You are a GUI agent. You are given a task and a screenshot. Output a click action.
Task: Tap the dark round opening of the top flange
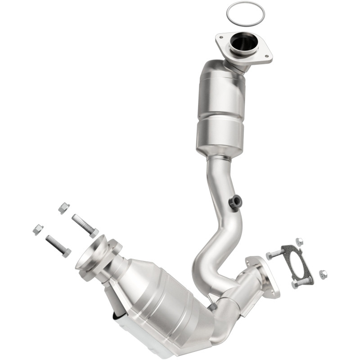point(243,44)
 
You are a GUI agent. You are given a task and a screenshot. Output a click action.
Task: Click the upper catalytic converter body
point(220,108)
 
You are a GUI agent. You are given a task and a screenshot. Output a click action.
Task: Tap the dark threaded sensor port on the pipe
point(234,202)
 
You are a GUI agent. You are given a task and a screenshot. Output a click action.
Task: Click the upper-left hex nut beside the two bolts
point(64,208)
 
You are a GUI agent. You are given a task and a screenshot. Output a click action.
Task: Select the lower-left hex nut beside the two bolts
point(38,229)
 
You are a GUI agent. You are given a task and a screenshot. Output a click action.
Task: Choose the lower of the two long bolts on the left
point(58,246)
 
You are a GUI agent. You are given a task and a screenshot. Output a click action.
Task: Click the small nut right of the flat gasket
point(323,274)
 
